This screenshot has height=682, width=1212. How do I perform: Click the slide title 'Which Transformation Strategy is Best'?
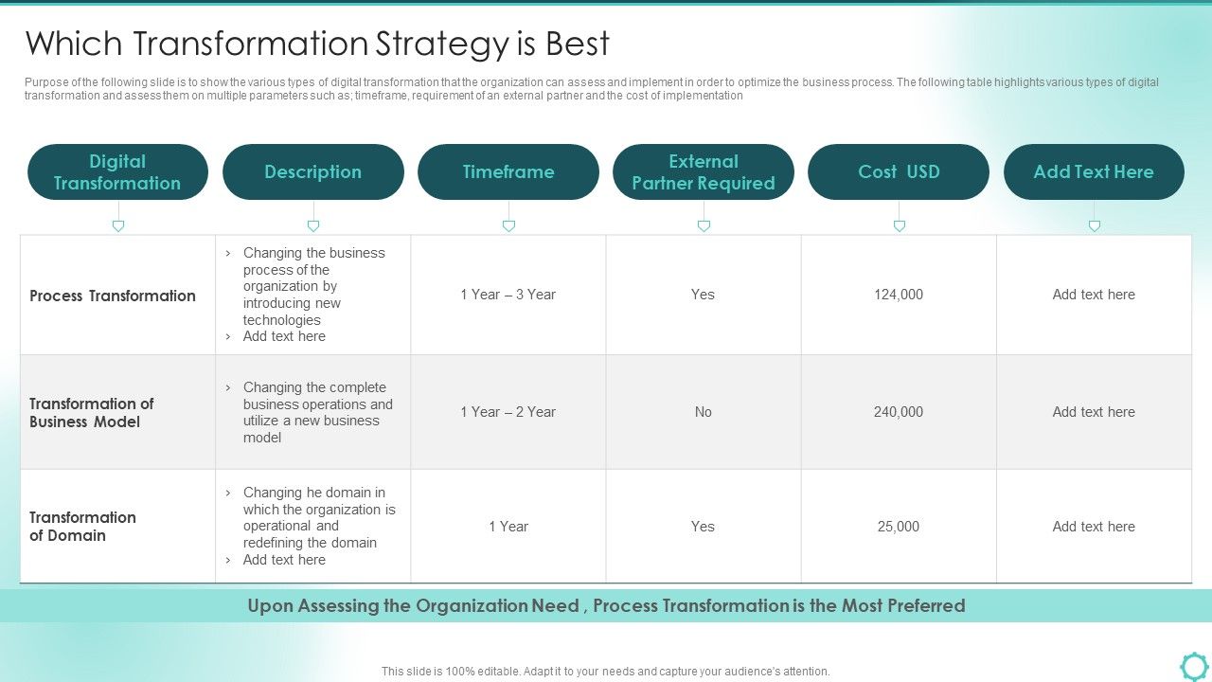coord(317,45)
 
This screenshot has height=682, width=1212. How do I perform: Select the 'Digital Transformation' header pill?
coord(117,172)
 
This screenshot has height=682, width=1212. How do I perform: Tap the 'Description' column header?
coord(312,172)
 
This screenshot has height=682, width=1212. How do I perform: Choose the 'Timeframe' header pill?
coord(508,172)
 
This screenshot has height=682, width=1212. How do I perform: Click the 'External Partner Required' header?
coord(704,172)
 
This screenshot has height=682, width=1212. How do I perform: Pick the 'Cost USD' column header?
coord(899,172)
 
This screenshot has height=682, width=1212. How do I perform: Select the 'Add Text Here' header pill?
coord(1094,172)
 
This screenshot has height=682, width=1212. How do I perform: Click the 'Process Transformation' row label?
coord(113,296)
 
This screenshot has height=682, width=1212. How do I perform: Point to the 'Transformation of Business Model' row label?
coord(92,413)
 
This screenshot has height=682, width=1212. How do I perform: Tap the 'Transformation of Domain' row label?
coord(82,527)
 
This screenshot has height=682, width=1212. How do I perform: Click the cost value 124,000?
coord(899,295)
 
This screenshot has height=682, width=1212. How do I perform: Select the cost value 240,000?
coord(899,412)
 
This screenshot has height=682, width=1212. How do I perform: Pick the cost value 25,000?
coord(899,527)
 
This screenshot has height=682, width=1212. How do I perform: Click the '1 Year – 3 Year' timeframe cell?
coord(508,295)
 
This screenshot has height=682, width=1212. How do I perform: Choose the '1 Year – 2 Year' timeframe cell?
coord(508,412)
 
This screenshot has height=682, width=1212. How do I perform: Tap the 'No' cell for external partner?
coord(703,412)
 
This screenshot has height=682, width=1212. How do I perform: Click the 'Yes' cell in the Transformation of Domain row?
coord(703,527)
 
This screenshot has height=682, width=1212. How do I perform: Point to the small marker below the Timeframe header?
coord(508,226)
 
